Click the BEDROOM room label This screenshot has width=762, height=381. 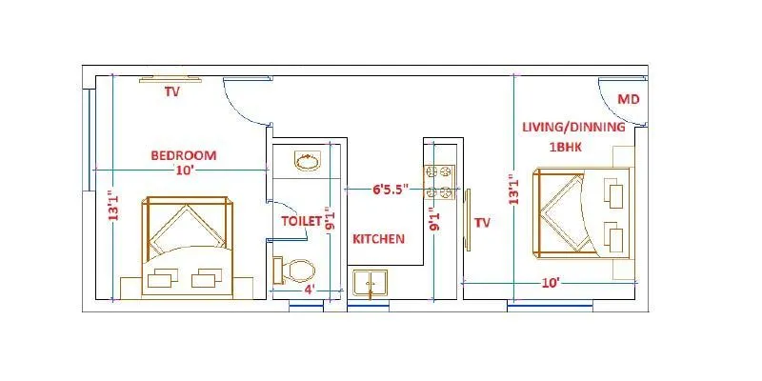[183, 154]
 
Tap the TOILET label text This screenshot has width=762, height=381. [301, 220]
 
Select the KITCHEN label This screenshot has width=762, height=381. [379, 238]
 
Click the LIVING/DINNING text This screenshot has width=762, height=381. [572, 127]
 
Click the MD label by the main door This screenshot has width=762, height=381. [628, 99]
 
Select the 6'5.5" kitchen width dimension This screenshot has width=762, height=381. [377, 189]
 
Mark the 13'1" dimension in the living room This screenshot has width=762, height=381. [514, 189]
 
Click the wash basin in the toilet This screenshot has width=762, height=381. [308, 162]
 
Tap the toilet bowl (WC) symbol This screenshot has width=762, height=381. [295, 271]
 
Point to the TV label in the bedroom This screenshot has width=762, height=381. [171, 92]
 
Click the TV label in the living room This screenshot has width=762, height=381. [482, 222]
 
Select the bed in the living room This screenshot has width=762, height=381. [582, 213]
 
